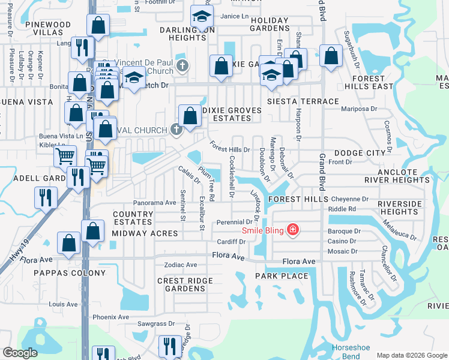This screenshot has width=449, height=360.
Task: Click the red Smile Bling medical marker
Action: click(293, 230)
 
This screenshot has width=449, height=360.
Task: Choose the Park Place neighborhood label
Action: click(282, 276)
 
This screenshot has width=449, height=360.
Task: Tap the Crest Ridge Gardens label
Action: click(185, 284)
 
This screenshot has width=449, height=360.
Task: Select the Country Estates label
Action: click(133, 218)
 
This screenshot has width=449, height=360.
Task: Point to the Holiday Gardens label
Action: click(270, 25)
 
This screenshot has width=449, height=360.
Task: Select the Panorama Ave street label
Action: click(154, 203)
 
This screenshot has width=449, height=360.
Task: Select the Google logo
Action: click(20, 352)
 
